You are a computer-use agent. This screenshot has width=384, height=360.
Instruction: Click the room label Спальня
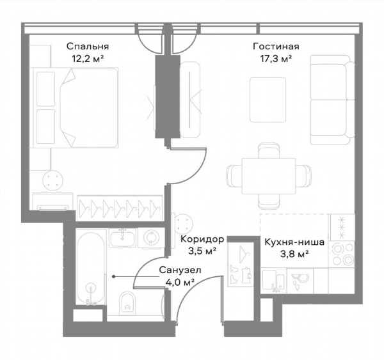point(88,47)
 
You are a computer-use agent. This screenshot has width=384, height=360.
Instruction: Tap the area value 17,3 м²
point(276,59)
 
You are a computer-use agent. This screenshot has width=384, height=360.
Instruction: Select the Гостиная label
point(276,46)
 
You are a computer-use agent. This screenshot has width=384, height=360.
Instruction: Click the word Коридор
point(202,239)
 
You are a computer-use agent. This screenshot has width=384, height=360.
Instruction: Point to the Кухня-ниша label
point(294,242)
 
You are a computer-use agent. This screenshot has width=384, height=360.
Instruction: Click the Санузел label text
point(180,270)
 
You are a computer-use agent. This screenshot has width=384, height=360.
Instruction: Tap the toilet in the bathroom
point(127,303)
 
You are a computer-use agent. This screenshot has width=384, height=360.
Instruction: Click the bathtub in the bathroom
point(91,268)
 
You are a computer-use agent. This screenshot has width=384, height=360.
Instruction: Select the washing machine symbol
point(151,237)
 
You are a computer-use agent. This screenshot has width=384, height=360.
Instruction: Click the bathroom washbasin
point(123,238)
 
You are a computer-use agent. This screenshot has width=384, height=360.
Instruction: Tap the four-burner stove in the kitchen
point(342,254)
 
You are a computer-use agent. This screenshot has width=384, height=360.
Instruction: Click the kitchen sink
point(273,281)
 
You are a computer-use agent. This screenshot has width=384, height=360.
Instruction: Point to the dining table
point(269,176)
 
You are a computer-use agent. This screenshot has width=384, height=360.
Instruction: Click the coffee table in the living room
point(268,100)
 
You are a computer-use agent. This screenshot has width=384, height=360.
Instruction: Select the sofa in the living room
point(332,99)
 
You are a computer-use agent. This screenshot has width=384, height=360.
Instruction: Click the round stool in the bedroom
point(52,180)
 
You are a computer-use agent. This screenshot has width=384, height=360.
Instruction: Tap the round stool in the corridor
point(182,224)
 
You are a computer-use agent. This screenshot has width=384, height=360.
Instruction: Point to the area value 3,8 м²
point(294,254)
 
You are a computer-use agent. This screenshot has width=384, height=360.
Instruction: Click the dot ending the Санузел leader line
point(114,276)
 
